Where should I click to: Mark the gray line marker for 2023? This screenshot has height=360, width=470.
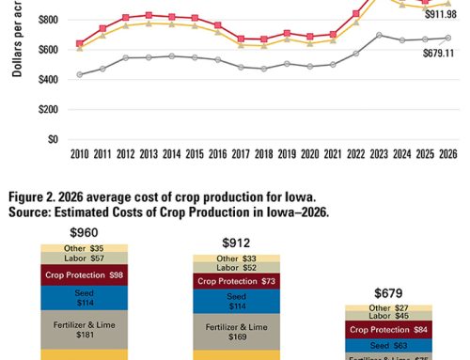pyautogui.click(x=378, y=35)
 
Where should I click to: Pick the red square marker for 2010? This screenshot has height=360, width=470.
pyautogui.click(x=79, y=43)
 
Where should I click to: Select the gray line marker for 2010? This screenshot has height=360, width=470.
pyautogui.click(x=79, y=74)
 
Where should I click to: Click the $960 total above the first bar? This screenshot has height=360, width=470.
pyautogui.click(x=84, y=231)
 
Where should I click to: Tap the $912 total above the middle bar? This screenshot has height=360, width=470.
pyautogui.click(x=236, y=242)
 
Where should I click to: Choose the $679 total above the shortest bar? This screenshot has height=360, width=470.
pyautogui.click(x=387, y=292)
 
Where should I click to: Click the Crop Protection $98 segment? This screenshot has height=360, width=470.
pyautogui.click(x=84, y=275)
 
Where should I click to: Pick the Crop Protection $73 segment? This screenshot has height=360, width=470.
pyautogui.click(x=236, y=280)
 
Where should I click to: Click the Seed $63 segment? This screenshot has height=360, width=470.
pyautogui.click(x=387, y=345)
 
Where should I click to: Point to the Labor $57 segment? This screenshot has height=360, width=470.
pyautogui.click(x=84, y=258)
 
